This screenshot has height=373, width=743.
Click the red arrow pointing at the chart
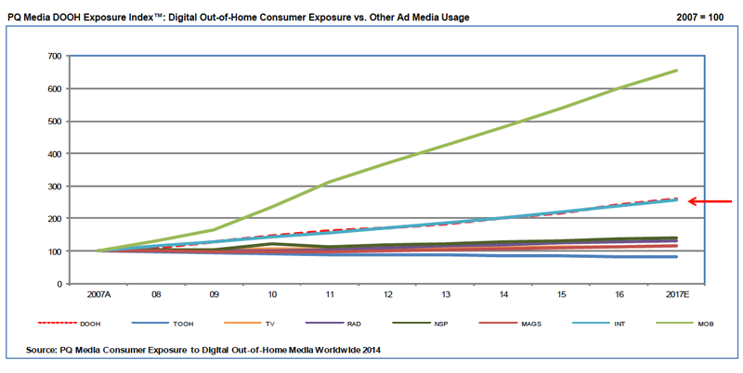(x=712, y=201)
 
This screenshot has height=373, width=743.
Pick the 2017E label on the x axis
(x=675, y=296)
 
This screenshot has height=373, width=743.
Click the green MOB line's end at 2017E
(x=675, y=71)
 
